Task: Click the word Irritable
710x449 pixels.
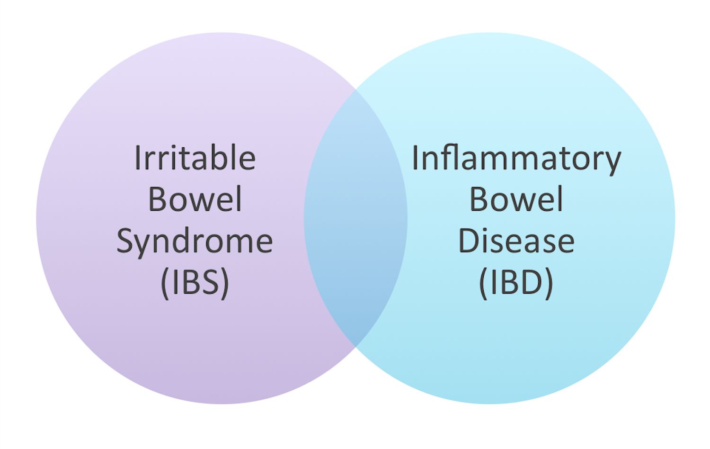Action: [195, 158]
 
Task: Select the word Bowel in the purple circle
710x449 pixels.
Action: [195, 199]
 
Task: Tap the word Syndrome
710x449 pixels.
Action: [195, 242]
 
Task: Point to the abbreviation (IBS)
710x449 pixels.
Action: [195, 283]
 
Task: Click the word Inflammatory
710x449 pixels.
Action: [516, 159]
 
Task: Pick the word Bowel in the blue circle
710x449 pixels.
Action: [516, 199]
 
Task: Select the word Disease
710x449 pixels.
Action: [516, 241]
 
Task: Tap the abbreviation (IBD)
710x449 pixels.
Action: [516, 283]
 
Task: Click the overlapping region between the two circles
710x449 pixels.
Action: [355, 218]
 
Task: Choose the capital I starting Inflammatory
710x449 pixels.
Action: [415, 158]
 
